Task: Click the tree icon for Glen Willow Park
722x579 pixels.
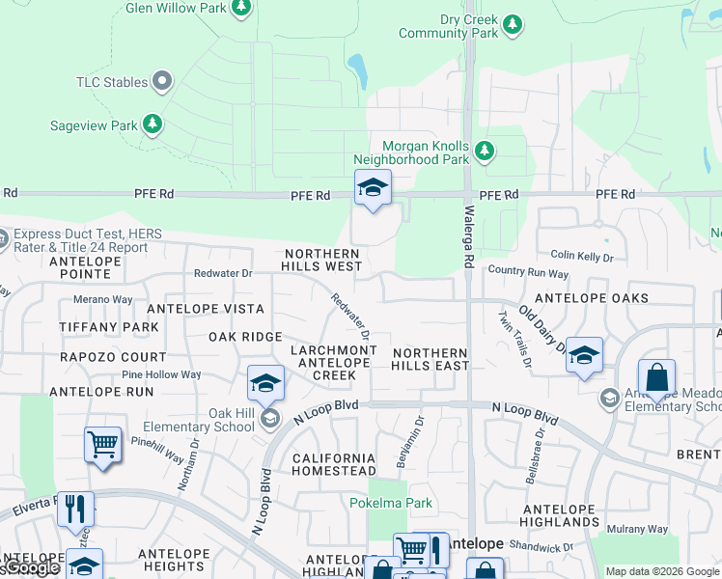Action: click(x=242, y=9)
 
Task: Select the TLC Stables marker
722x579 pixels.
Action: click(x=162, y=82)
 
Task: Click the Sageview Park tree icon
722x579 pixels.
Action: click(x=152, y=124)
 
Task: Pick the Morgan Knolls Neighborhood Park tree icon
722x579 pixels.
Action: click(x=484, y=150)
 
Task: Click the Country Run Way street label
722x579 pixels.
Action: click(x=528, y=273)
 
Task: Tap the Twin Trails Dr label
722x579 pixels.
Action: click(x=514, y=339)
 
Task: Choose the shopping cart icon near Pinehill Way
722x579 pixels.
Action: click(x=102, y=445)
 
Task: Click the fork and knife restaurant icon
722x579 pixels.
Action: click(x=75, y=508)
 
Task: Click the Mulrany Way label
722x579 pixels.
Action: click(x=636, y=529)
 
